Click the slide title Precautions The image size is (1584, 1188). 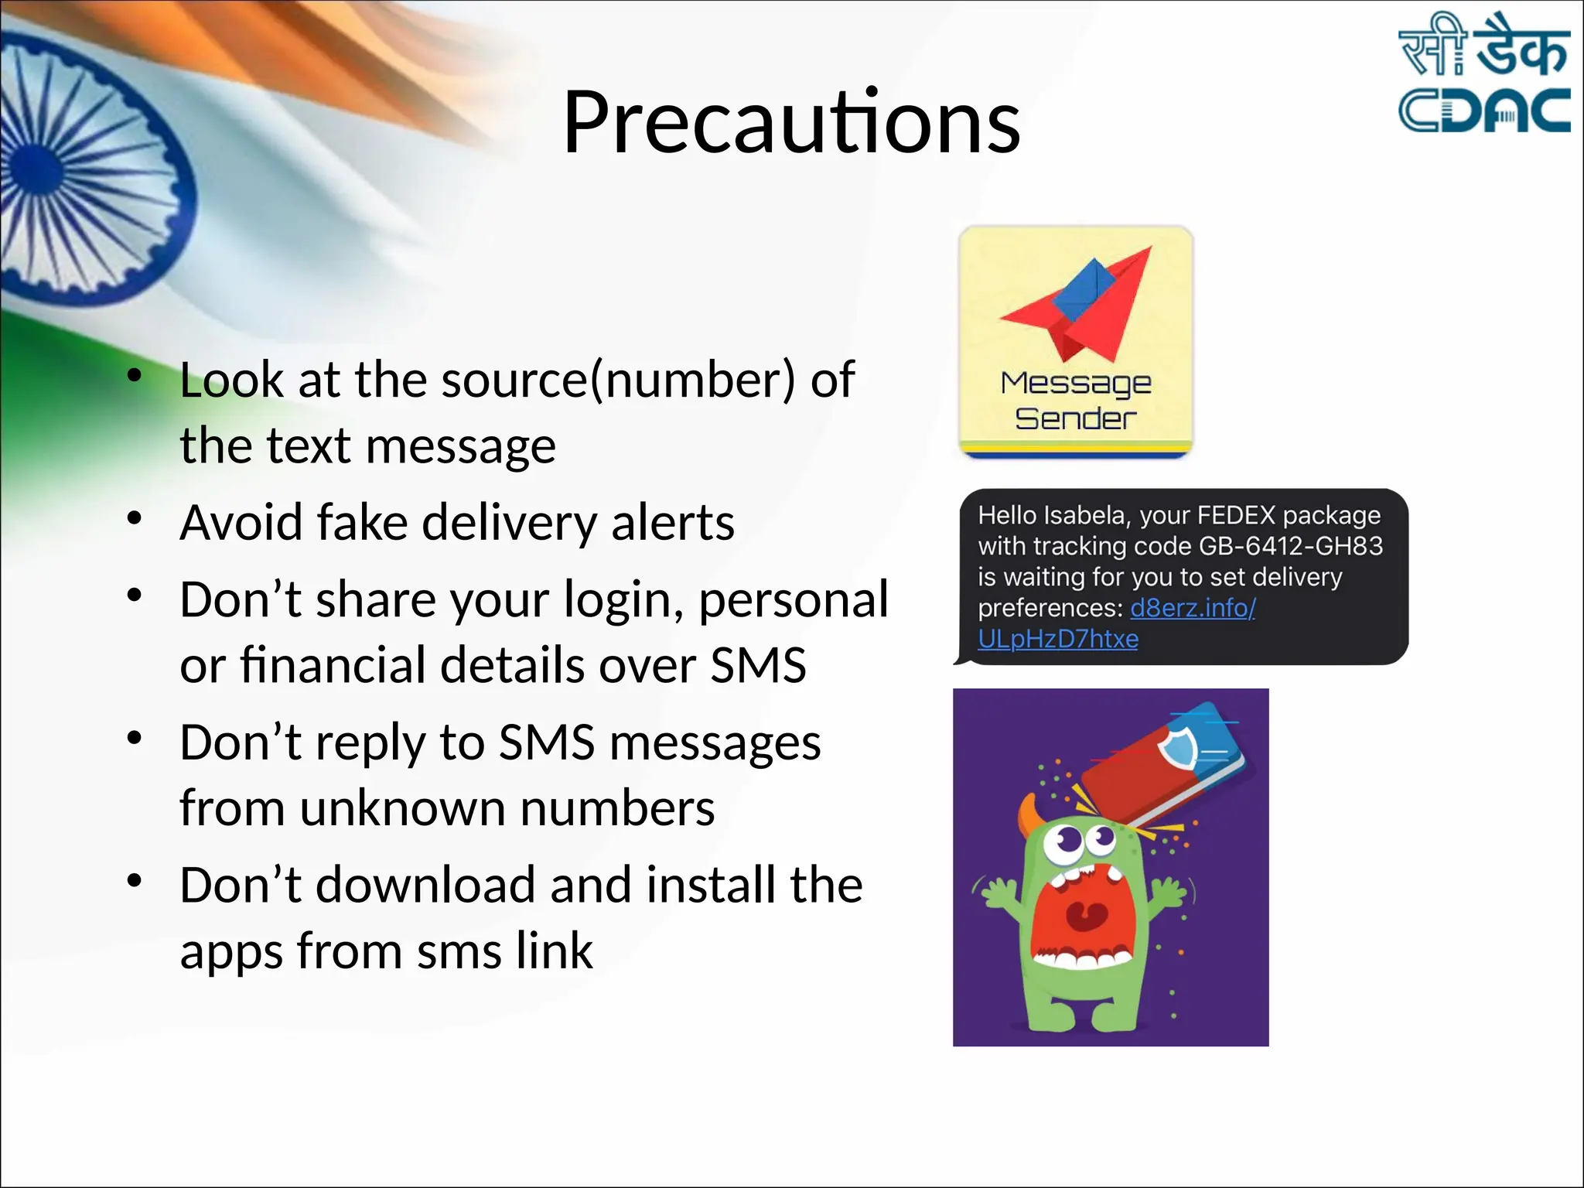click(x=791, y=122)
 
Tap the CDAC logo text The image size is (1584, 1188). click(x=1483, y=110)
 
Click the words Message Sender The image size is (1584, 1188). click(x=1075, y=401)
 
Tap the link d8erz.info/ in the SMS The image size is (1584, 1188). click(x=1193, y=608)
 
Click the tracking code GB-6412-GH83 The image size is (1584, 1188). click(x=1290, y=546)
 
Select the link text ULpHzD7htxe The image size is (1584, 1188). click(x=1057, y=639)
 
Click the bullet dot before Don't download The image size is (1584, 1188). click(x=135, y=880)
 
